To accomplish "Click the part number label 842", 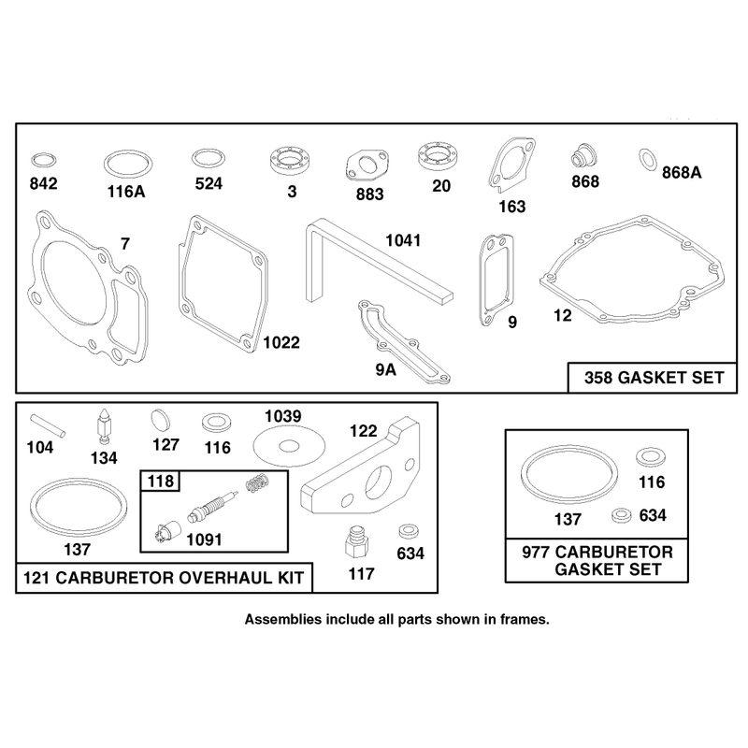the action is pos(43,183).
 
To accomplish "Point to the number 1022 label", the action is pos(281,342).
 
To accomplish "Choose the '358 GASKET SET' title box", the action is pos(653,378).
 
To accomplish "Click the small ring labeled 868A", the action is pos(647,159).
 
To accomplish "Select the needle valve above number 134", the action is pos(104,426).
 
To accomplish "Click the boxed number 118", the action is pos(160,481).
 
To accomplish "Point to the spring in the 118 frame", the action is pos(258,482).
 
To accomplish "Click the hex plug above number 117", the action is pos(356,542).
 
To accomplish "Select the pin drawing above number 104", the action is pos(48,425).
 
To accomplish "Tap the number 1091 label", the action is pos(204,540).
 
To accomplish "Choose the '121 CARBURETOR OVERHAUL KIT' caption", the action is pos(164,578).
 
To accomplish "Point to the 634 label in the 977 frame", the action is pos(653,516).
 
